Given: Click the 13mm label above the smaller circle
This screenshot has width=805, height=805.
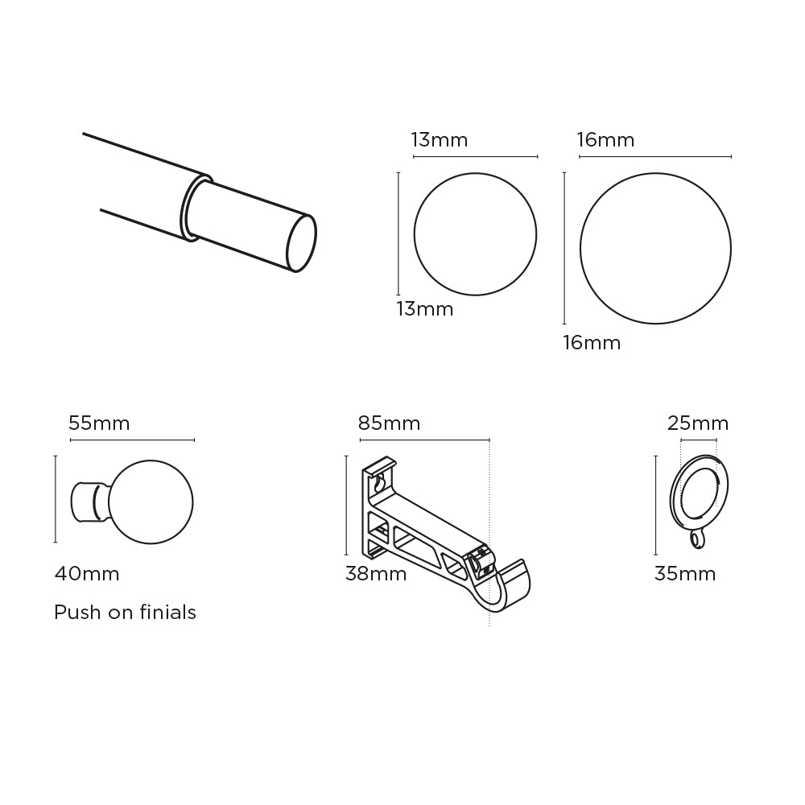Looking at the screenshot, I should point(439,140).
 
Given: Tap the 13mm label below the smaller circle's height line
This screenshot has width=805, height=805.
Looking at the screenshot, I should point(424,309).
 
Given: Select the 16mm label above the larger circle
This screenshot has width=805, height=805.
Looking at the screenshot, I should point(605,140).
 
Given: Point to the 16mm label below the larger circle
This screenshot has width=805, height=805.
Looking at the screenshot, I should point(592,343).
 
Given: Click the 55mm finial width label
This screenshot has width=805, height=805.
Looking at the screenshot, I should point(99,423).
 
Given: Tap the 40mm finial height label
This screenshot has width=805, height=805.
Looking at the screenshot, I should point(87,574).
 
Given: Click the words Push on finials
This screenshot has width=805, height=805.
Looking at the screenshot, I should point(125,613).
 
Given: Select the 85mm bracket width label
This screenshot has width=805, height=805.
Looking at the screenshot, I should point(389,423).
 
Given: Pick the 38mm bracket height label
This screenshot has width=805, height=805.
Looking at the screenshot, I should point(376,574).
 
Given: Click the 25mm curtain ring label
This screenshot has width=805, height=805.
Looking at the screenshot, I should point(698,423).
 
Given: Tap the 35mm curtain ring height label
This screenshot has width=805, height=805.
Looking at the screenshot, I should point(685,574).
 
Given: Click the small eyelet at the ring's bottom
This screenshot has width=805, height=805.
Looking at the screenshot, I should point(697,542).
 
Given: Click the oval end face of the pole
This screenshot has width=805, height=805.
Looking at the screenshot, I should point(301,242).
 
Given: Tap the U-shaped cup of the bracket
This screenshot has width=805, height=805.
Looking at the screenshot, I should point(506,587).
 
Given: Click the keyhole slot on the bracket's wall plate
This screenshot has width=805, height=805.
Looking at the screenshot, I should point(378,484).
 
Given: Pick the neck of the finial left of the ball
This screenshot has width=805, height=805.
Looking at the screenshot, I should point(89,502).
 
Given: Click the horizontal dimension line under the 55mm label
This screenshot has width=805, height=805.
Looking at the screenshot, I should point(132,440).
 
